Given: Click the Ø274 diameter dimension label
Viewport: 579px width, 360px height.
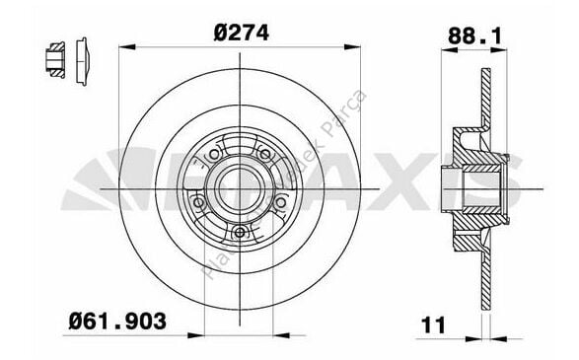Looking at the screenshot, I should pos(242,32).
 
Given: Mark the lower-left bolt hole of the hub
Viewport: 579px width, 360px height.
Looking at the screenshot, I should pos(200,203).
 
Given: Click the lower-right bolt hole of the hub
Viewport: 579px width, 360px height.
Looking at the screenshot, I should pos(281,205).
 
